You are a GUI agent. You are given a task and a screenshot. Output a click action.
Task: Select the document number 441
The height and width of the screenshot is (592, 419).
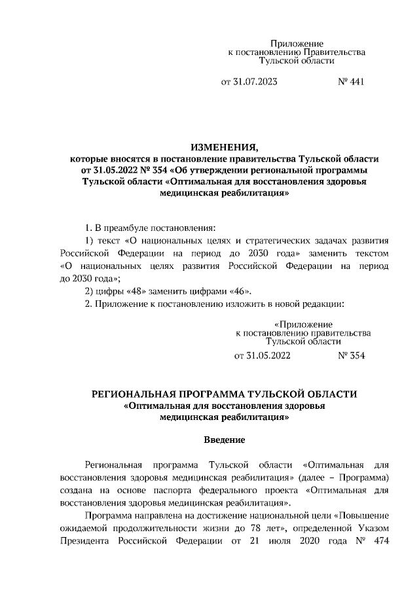[x=354, y=82]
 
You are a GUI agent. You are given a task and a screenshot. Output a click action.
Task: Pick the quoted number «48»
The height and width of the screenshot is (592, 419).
[x=130, y=291]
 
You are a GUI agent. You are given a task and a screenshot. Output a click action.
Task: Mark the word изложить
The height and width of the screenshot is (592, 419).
[x=225, y=304]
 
